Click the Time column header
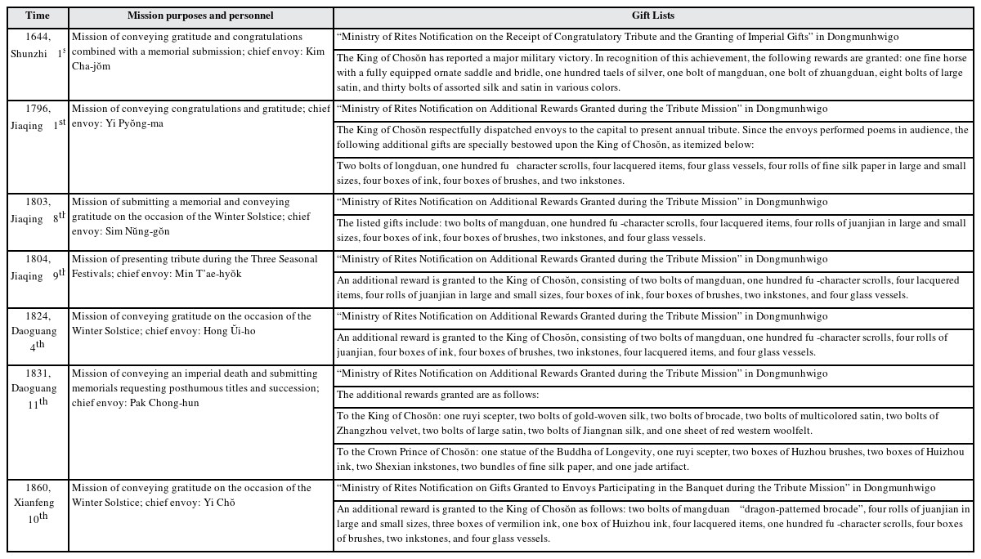37,16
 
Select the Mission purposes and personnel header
200,16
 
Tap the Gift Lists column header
652,16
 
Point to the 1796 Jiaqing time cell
37,117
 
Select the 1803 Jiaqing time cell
37,210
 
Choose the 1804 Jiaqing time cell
37,267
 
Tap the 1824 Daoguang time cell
37,330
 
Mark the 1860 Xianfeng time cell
37,502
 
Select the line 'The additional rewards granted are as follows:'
438,396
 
